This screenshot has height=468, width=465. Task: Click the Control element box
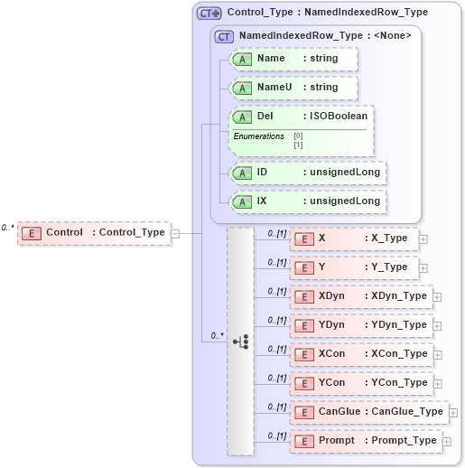tap(95, 232)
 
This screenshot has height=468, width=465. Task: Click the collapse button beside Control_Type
tap(175, 232)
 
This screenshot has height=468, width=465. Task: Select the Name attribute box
tap(294, 59)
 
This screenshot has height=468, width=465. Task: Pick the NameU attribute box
tap(294, 88)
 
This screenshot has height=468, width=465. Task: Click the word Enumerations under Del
tap(259, 136)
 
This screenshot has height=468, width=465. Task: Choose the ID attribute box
tap(308, 172)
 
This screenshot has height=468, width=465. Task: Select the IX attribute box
tap(308, 201)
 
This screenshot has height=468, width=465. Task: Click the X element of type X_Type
tap(352, 239)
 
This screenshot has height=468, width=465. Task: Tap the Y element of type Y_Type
tap(352, 267)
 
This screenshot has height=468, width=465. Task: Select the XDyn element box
tap(359, 296)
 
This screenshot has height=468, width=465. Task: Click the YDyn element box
tap(359, 325)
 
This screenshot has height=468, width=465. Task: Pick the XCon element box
tap(359, 354)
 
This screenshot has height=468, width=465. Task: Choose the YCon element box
tap(359, 383)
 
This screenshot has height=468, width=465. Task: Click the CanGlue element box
tap(367, 412)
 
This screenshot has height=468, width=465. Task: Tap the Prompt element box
tap(364, 441)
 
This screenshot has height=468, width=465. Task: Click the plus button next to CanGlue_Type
tap(453, 412)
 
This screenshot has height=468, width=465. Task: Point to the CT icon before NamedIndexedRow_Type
tap(224, 36)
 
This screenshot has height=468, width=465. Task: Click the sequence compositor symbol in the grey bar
tap(241, 342)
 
